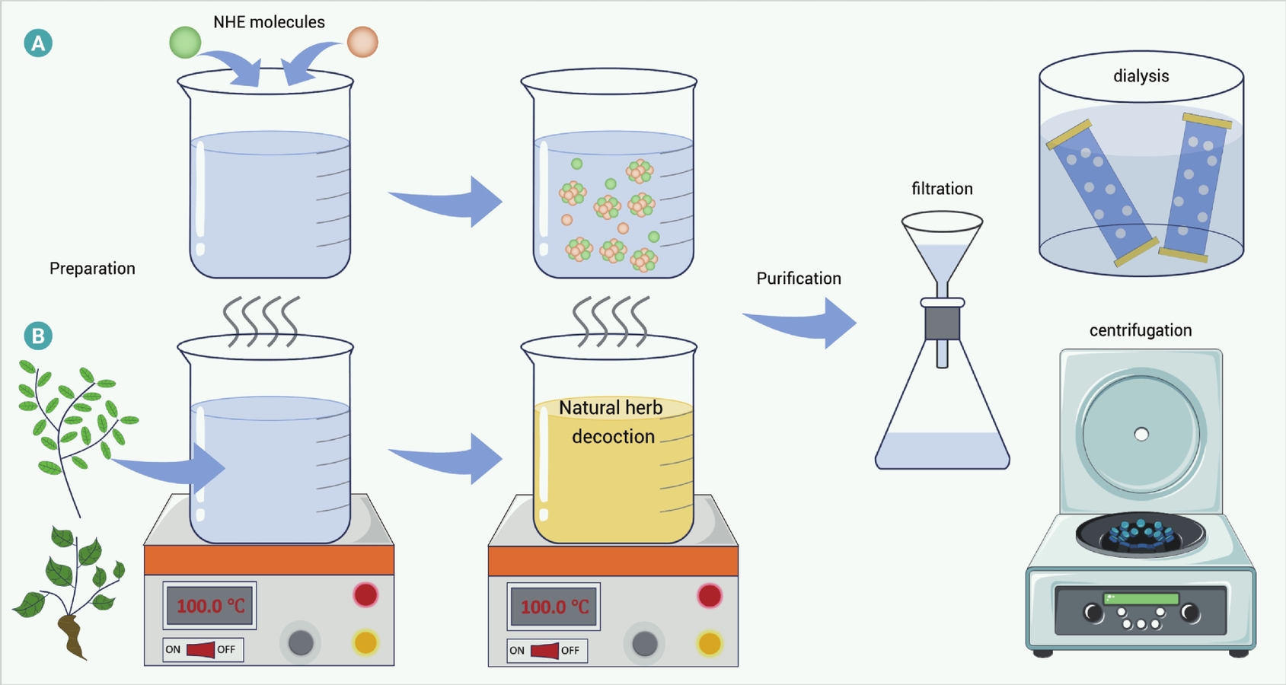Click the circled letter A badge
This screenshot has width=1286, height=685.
[38, 43]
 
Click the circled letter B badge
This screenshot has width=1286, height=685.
[38, 336]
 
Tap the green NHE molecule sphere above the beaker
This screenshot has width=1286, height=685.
[186, 42]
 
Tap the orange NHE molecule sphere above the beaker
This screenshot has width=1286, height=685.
[363, 42]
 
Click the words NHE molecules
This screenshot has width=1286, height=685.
[269, 22]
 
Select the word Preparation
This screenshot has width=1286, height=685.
[92, 269]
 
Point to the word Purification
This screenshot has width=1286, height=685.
[799, 279]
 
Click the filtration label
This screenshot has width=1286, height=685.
[942, 189]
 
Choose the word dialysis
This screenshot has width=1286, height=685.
[1141, 75]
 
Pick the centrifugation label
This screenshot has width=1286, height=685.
[1141, 330]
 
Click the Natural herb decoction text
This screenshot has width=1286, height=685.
[612, 422]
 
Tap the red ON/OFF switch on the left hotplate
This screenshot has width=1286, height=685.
[201, 649]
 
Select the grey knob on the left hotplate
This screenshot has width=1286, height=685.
[301, 643]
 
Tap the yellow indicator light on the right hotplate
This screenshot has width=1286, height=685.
[710, 644]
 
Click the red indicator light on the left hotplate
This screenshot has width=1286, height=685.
[365, 595]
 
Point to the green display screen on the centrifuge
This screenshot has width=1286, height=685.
[1141, 599]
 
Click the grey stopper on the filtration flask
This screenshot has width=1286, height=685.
[942, 323]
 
